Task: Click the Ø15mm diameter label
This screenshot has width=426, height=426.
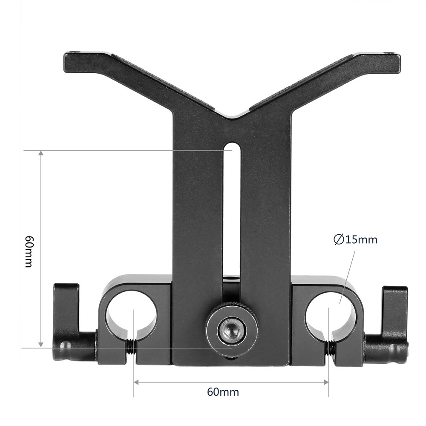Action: coord(355,240)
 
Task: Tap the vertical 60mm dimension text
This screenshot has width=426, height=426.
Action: coord(29,251)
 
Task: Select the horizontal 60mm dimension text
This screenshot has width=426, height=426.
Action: coord(223,392)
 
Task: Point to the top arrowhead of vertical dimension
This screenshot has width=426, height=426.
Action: coord(41,154)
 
